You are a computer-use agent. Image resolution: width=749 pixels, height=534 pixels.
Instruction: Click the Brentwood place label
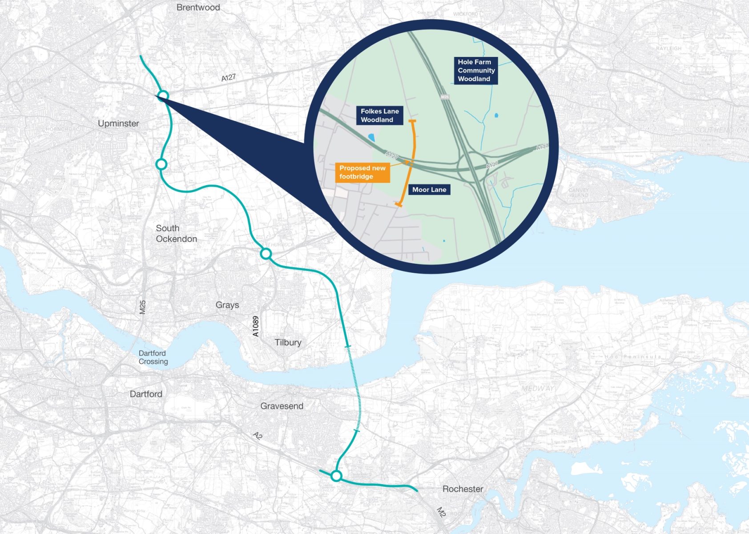pyautogui.click(x=198, y=8)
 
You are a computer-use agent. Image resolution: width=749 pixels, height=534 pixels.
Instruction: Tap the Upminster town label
pyautogui.click(x=118, y=123)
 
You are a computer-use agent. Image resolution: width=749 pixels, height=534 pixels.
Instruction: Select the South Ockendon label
pyautogui.click(x=176, y=234)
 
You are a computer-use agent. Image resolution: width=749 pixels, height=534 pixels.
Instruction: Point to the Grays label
pyautogui.click(x=227, y=305)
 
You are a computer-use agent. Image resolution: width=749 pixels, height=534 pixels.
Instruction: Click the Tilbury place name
pyautogui.click(x=288, y=342)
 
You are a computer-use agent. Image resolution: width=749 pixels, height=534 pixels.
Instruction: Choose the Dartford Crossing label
pyautogui.click(x=153, y=357)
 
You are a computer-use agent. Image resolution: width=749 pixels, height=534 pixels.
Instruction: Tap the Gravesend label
pyautogui.click(x=282, y=406)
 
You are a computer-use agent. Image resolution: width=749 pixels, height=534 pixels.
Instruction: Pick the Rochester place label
pyautogui.click(x=463, y=489)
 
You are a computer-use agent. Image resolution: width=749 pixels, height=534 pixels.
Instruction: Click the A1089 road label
pyautogui.click(x=256, y=326)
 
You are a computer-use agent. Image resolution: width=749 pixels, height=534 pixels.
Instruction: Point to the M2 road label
pyautogui.click(x=441, y=512)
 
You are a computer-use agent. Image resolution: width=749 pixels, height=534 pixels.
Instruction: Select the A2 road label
pyautogui.click(x=258, y=436)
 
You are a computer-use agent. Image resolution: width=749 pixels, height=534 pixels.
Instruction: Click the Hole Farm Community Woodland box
pyautogui.click(x=475, y=70)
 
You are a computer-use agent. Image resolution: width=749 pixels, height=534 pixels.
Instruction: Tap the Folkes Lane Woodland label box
pyautogui.click(x=379, y=115)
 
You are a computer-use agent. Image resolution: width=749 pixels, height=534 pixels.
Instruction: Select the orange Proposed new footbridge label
pyautogui.click(x=362, y=172)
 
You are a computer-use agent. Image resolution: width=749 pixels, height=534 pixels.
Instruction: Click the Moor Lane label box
pyautogui.click(x=429, y=190)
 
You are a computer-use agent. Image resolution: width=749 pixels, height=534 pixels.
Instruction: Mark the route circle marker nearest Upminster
pyautogui.click(x=163, y=96)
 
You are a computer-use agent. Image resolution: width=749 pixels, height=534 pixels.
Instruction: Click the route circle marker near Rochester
pyautogui.click(x=336, y=476)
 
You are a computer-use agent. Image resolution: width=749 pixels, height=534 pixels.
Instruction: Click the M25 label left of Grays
pyautogui.click(x=143, y=307)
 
